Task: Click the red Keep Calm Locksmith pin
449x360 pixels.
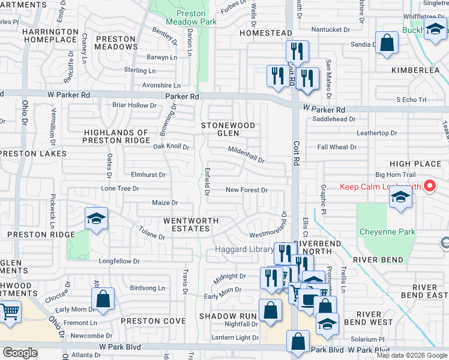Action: (x=429, y=186)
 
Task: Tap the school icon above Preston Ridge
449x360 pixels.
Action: (x=95, y=219)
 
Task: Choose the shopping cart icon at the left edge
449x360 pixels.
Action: (x=10, y=313)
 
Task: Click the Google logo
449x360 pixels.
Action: (x=20, y=353)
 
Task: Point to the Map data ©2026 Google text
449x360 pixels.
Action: (x=412, y=355)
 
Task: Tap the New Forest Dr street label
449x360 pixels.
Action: (x=246, y=190)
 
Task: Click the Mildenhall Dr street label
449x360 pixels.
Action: (x=246, y=155)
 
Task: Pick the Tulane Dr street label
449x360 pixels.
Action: (x=151, y=233)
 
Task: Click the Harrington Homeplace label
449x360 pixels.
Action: (x=51, y=35)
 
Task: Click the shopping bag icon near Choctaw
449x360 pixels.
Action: (x=103, y=299)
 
